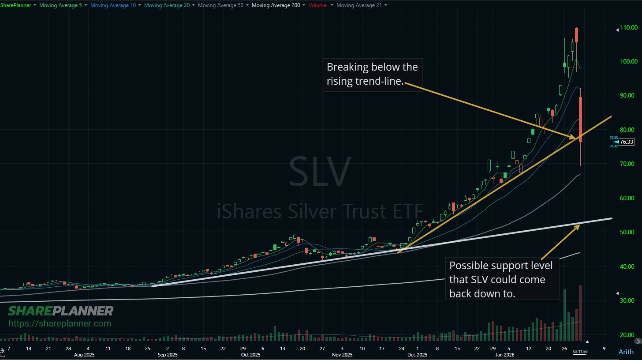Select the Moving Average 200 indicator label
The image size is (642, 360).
point(276,5)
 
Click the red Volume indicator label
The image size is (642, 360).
point(317,5)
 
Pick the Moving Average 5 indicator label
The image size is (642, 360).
point(60,5)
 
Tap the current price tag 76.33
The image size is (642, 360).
point(627,142)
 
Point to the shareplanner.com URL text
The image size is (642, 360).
point(60,324)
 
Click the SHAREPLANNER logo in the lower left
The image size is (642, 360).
point(61,311)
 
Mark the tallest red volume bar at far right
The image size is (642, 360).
point(580,313)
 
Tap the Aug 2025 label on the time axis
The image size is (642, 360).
point(84,355)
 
